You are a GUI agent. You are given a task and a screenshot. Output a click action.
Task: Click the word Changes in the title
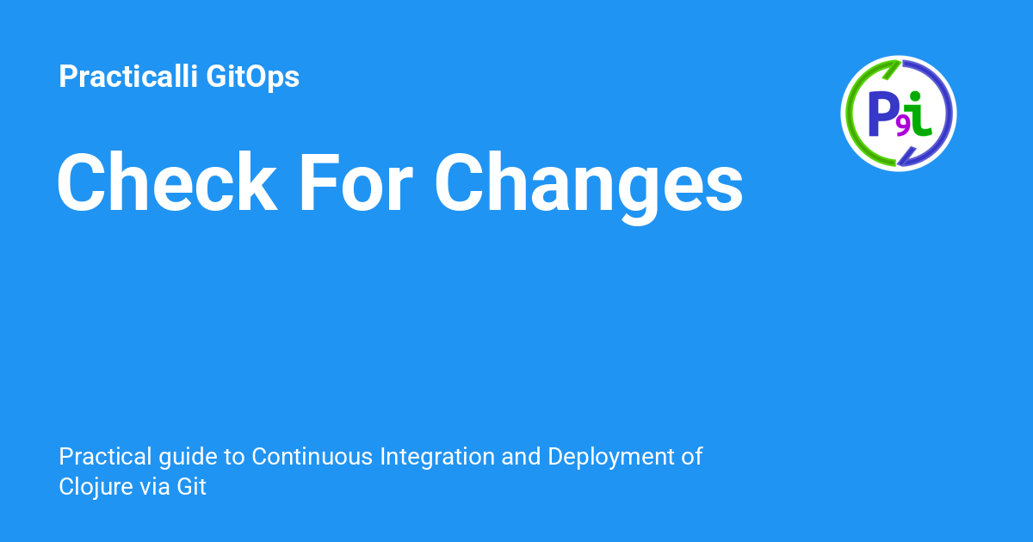tap(588, 185)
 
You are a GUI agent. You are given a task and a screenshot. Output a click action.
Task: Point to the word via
tap(155, 488)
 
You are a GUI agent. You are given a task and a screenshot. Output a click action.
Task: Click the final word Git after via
tap(192, 488)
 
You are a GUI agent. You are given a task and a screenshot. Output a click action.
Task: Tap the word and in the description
tap(522, 457)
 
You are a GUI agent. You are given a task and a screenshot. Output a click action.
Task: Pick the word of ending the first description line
tap(692, 457)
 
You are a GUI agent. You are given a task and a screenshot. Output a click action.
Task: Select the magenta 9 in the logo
tap(902, 126)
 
